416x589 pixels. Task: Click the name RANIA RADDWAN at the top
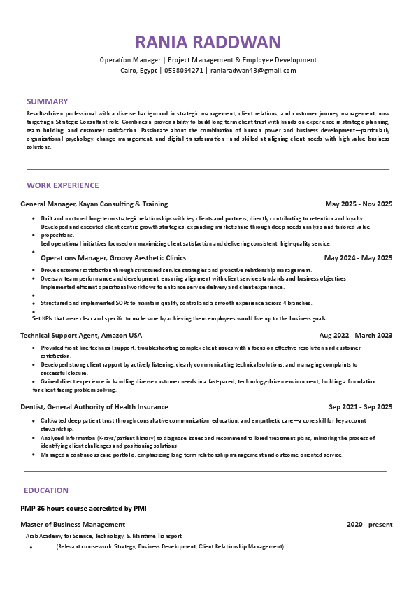(208, 42)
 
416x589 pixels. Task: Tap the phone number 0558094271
(184, 70)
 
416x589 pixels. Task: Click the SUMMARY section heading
(48, 101)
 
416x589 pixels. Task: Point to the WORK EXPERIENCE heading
(63, 185)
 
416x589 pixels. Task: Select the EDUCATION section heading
(46, 490)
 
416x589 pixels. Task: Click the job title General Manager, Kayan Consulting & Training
(94, 204)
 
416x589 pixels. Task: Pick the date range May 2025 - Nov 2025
(359, 204)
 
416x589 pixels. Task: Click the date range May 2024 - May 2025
(358, 258)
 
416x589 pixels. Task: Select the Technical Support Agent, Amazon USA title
(81, 336)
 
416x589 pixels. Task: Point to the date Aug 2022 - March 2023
(356, 336)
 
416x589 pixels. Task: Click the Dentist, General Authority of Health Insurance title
(94, 407)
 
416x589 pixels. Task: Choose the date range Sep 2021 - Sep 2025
(361, 407)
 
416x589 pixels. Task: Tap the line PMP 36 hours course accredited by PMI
(83, 508)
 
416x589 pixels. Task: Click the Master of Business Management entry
(73, 525)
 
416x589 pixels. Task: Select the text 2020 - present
(369, 525)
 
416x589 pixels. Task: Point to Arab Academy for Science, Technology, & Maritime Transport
(103, 536)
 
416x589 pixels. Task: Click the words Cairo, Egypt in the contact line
(138, 70)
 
